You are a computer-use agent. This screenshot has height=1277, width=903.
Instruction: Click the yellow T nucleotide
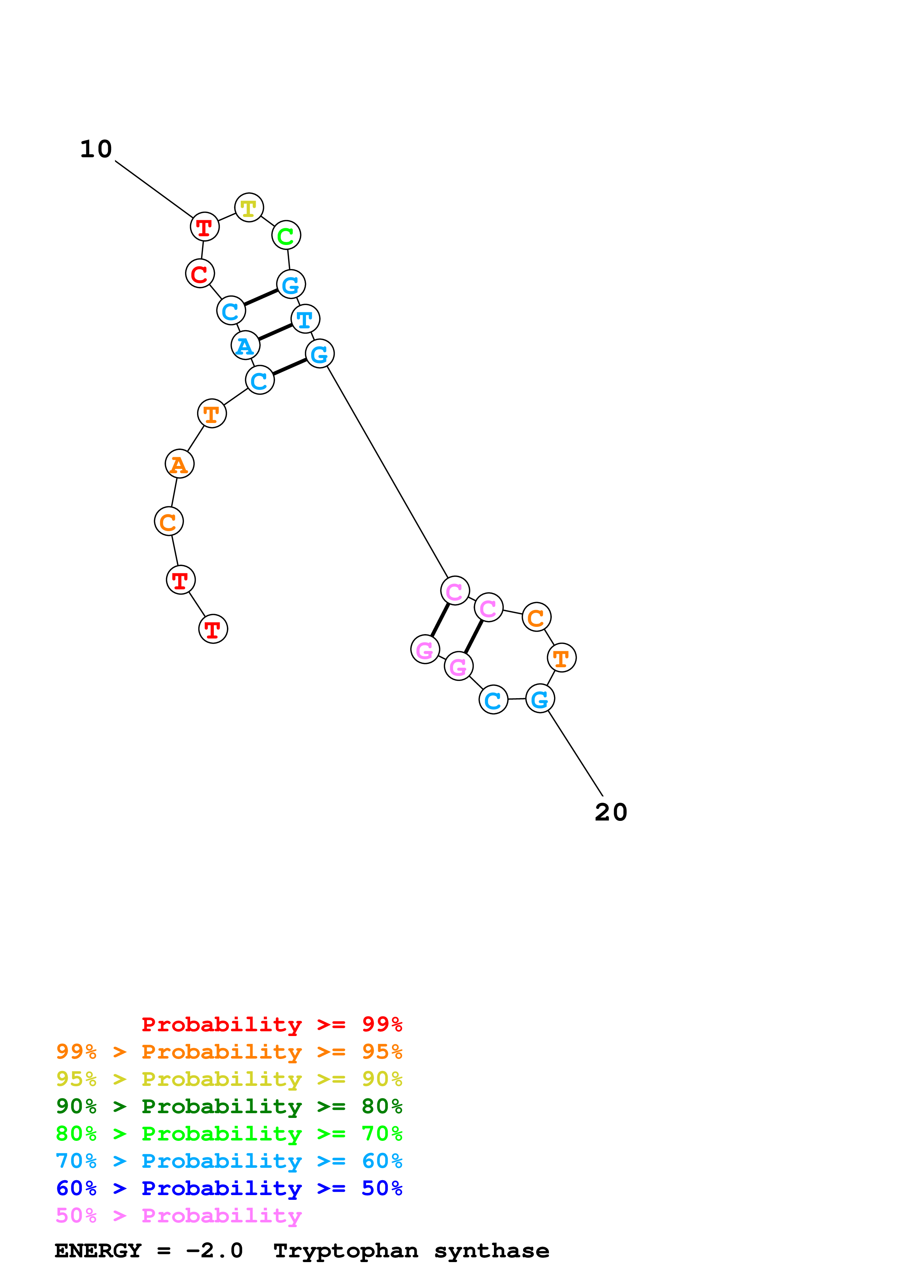coord(249,208)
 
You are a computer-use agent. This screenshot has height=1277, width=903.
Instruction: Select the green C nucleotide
coord(286,235)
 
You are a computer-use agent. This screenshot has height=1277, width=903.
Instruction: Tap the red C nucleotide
coord(200,274)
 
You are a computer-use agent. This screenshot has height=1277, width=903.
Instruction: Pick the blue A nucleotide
coord(246,345)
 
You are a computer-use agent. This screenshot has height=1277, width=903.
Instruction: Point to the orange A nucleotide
coord(180,464)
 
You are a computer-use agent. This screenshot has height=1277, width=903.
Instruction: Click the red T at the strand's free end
coord(213,629)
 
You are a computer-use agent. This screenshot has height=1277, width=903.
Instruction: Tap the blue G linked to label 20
coord(540,699)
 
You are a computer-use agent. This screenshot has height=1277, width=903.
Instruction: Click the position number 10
coord(96,149)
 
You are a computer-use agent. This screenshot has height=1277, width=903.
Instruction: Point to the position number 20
coord(611,813)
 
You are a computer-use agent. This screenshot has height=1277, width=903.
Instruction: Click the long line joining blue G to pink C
coord(387,472)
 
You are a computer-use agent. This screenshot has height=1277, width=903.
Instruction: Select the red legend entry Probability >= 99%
coord(271,1024)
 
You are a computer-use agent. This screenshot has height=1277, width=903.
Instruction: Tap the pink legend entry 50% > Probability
coord(178,1216)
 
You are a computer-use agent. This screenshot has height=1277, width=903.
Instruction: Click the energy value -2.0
coord(214,1251)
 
